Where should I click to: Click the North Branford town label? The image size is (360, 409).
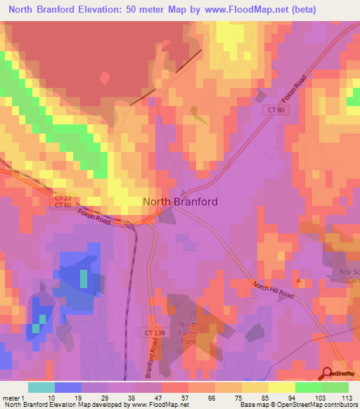[x=180, y=201]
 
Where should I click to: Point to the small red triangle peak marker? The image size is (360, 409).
[x=299, y=280]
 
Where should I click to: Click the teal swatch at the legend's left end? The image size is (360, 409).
[x=41, y=387]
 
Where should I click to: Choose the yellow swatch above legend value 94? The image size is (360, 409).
[x=281, y=387]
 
